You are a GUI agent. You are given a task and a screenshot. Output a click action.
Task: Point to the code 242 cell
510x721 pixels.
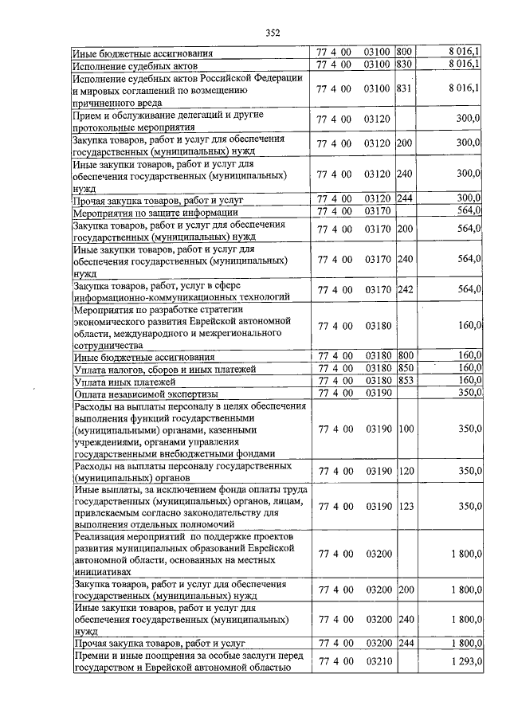(405, 289)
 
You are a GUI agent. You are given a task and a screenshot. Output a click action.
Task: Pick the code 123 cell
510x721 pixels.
(405, 507)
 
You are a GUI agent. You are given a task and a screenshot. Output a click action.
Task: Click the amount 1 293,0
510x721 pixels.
(465, 661)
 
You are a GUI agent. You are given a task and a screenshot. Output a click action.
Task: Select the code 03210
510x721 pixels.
(374, 661)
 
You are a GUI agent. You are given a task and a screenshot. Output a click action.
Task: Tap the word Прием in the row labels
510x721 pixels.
(87, 114)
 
